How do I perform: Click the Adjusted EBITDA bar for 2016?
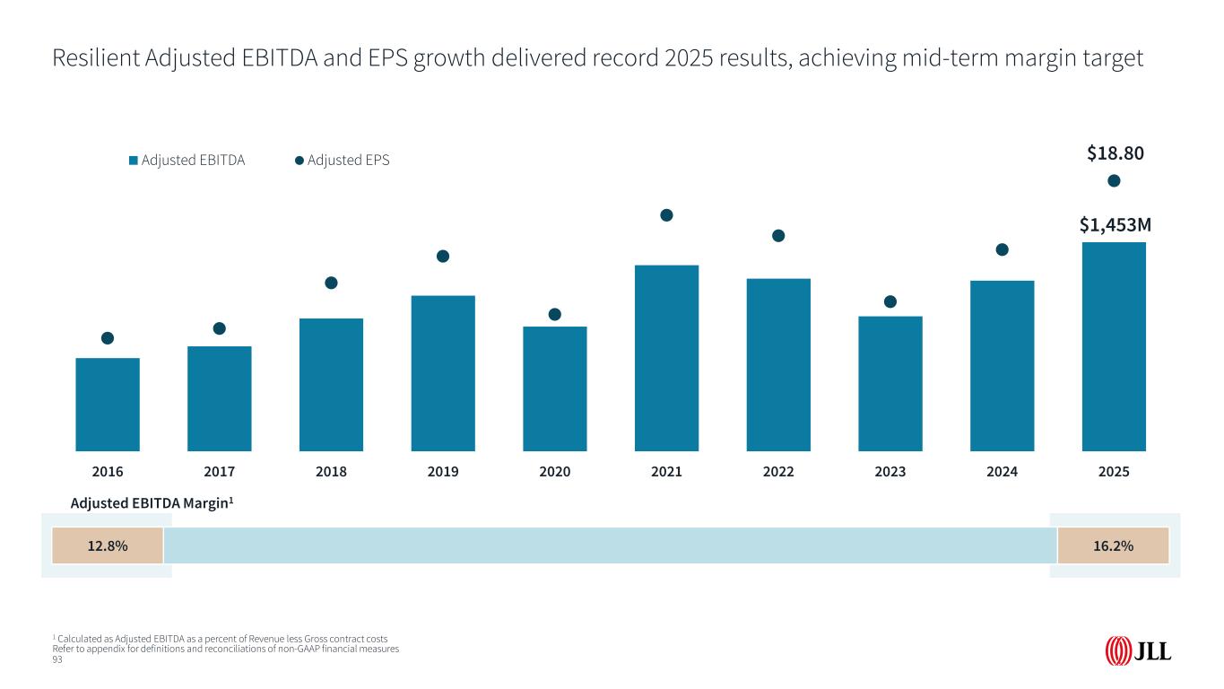[108, 404]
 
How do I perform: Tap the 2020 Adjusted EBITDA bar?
[554, 388]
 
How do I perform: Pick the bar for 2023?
[890, 383]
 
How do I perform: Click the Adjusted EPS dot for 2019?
[443, 257]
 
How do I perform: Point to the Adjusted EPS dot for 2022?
[778, 236]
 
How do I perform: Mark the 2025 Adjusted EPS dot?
[1114, 181]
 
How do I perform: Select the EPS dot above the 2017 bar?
[220, 328]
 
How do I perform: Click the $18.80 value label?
[1115, 153]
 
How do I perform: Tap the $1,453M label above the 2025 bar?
[1115, 223]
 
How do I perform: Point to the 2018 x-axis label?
[331, 471]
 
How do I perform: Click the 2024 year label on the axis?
[1002, 471]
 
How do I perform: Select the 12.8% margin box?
[108, 545]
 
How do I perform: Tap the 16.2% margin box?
[1114, 545]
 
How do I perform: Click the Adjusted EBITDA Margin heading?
[152, 504]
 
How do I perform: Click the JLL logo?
[1138, 650]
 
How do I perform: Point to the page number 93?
[58, 659]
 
